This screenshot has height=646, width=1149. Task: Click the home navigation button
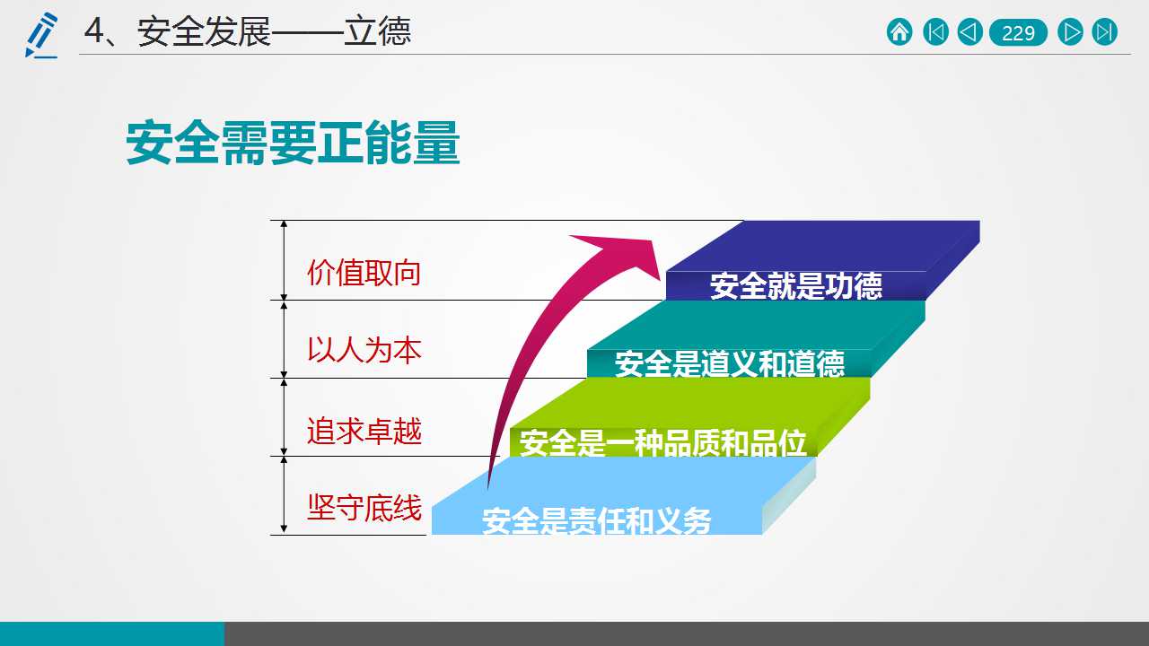click(x=899, y=32)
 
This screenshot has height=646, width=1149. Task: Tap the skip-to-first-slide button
click(x=935, y=32)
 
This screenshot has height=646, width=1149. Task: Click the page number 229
click(x=1018, y=33)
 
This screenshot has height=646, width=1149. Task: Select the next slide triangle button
click(x=1071, y=32)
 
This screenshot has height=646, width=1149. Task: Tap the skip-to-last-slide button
click(x=1104, y=32)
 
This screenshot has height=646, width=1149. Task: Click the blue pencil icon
click(x=41, y=35)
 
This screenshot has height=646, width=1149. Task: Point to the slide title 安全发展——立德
click(x=247, y=31)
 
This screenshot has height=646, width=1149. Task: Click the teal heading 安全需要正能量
click(x=293, y=143)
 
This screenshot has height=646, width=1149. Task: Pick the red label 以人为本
click(x=364, y=350)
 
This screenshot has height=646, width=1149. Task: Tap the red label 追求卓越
click(x=364, y=430)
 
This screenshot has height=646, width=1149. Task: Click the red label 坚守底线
click(x=364, y=508)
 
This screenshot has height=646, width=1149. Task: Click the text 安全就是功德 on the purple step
click(x=796, y=285)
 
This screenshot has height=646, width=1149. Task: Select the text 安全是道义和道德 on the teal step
click(x=730, y=363)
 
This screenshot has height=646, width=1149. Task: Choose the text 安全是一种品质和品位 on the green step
click(x=662, y=442)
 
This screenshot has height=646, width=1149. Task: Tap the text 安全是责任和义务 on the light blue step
click(x=597, y=521)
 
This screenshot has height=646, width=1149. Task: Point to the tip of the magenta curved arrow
click(x=660, y=280)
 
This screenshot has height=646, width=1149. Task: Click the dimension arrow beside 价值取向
click(x=284, y=260)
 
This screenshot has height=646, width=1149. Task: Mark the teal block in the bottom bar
click(x=112, y=633)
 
